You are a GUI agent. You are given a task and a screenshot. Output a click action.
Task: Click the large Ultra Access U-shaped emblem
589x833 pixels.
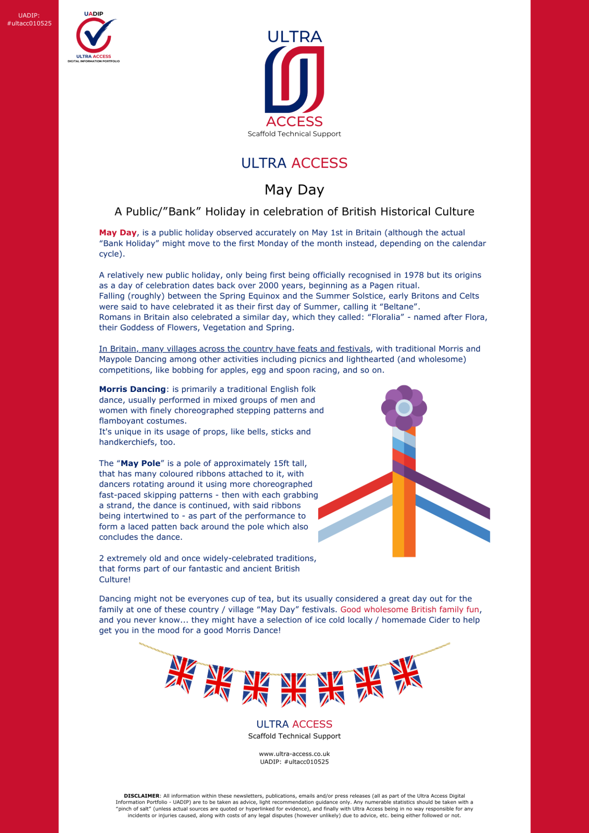294,79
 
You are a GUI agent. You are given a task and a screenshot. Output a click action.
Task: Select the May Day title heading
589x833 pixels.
294,190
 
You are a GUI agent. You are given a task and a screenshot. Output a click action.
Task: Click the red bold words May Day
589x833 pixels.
118,233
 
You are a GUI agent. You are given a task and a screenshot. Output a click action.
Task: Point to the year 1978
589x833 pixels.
414,275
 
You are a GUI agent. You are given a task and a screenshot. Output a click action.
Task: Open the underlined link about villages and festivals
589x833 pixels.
235,349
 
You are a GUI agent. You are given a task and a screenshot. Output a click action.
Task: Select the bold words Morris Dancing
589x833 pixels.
132,389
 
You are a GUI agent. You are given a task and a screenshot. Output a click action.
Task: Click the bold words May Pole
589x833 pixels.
141,463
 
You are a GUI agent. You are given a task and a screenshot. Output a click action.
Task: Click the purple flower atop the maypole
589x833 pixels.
404,407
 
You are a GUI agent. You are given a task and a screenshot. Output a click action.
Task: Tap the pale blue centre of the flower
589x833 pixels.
404,407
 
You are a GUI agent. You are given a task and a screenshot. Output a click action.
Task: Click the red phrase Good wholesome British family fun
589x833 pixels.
410,610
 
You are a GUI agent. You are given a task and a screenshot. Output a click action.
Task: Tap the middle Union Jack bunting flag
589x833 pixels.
294,689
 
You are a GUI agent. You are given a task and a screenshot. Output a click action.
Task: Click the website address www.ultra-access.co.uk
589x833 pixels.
294,754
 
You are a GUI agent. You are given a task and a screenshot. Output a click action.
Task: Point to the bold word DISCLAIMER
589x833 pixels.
141,796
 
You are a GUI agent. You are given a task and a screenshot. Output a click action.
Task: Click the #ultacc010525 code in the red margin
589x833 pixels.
29,23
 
